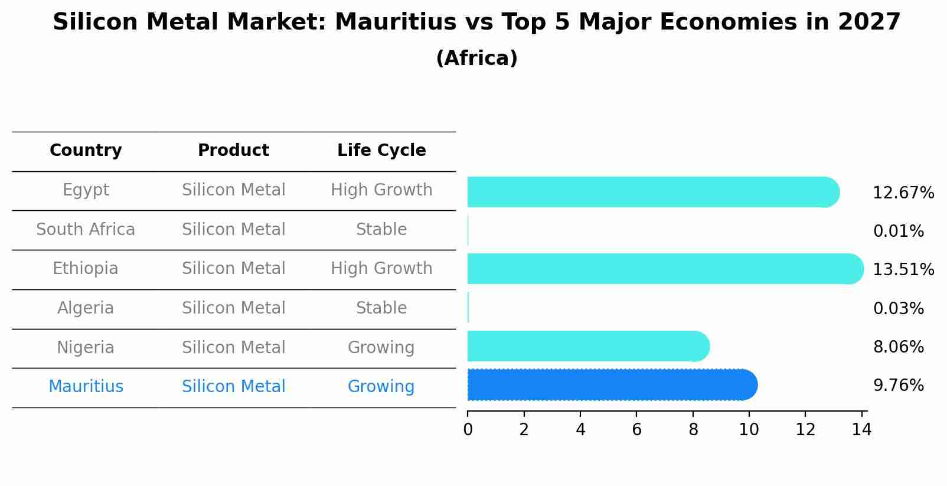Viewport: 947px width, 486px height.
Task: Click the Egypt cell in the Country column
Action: tap(86, 190)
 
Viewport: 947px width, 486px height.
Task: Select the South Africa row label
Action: tap(86, 230)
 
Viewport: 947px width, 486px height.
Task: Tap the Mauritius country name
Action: tap(86, 387)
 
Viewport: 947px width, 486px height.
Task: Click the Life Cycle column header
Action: tap(381, 151)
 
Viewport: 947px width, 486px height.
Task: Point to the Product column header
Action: tap(233, 151)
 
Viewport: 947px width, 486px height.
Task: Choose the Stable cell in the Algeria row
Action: tap(381, 308)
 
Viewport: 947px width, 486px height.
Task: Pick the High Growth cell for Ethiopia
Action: tap(381, 269)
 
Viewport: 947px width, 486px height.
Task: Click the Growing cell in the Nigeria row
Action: tap(381, 348)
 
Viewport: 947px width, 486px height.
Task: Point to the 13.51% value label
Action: tap(903, 270)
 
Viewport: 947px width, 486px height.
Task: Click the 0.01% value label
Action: tap(899, 231)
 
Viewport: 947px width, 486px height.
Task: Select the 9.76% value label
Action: tap(899, 386)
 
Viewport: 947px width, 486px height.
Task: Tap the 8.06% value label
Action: tap(899, 347)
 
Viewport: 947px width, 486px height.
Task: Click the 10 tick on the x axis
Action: tap(749, 430)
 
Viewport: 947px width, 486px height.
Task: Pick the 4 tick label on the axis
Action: tap(580, 430)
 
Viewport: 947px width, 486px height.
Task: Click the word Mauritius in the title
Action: tap(396, 22)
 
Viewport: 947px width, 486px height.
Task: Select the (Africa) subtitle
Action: tap(476, 58)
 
